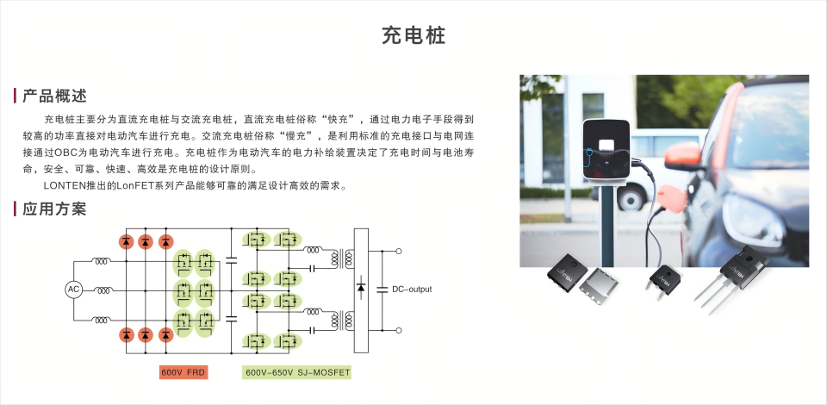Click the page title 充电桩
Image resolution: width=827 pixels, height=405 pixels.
(x=414, y=35)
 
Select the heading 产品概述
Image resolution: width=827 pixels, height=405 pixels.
(x=54, y=96)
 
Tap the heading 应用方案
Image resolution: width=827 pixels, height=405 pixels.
(x=54, y=209)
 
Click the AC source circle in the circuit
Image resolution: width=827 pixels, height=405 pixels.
(x=73, y=290)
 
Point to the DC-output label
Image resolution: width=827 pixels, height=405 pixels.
(x=412, y=290)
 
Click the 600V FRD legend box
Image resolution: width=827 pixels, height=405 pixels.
(x=183, y=373)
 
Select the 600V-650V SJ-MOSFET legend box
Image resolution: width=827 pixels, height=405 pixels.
(x=297, y=373)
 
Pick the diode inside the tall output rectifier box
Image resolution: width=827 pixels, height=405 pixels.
(x=361, y=288)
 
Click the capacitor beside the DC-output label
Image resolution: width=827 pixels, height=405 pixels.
(x=382, y=289)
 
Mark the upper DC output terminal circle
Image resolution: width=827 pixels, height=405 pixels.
(x=399, y=252)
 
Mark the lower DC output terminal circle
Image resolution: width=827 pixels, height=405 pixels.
(x=399, y=331)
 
